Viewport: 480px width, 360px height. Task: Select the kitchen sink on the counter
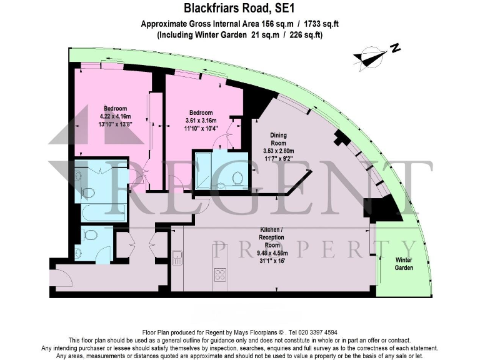[x=177, y=257]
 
